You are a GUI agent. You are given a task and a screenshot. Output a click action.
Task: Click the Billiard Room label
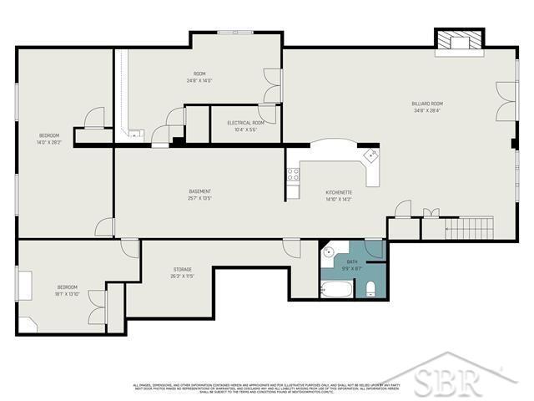point(426,104)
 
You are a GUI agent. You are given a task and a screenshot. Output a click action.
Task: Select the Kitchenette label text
point(339,192)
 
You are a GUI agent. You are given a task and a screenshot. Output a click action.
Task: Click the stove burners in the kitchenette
point(293,175)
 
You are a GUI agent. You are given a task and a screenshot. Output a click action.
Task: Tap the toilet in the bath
point(370,289)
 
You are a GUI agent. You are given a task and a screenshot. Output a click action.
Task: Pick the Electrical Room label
point(246,123)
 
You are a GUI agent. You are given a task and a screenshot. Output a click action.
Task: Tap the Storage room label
point(183,269)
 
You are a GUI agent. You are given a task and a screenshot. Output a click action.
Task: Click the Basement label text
point(199,191)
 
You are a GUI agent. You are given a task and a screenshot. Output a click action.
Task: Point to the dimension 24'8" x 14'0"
point(199,81)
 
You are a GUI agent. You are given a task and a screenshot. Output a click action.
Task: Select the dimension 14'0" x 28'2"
point(50,142)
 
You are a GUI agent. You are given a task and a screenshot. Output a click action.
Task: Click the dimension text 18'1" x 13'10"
point(67,293)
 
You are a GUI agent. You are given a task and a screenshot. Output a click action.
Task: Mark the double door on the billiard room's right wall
point(502,102)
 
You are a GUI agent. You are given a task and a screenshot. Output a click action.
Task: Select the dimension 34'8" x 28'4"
point(426,110)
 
